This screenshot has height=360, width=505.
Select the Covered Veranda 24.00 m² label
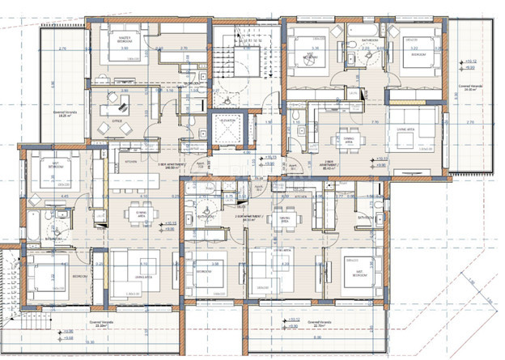pyautogui.click(x=472, y=89)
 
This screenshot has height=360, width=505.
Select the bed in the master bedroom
pyautogui.click(x=123, y=57)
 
